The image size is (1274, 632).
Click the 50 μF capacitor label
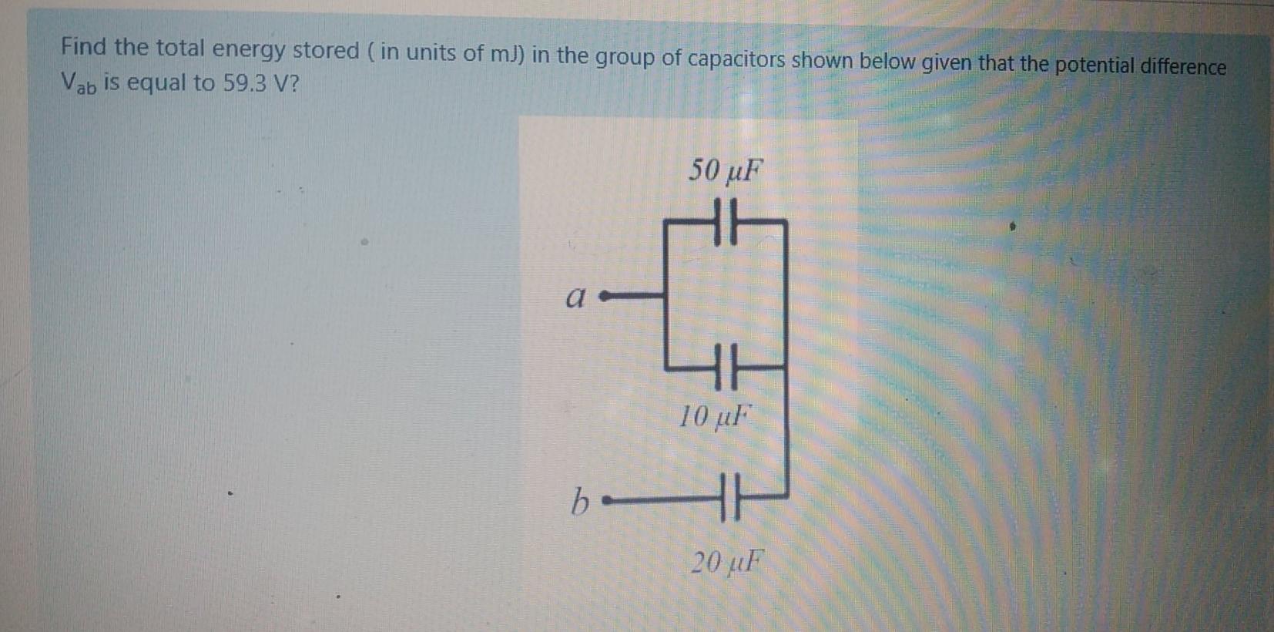(x=724, y=171)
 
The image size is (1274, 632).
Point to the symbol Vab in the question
(x=78, y=82)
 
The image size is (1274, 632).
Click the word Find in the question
(x=84, y=47)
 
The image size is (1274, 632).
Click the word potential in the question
(x=1092, y=66)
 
